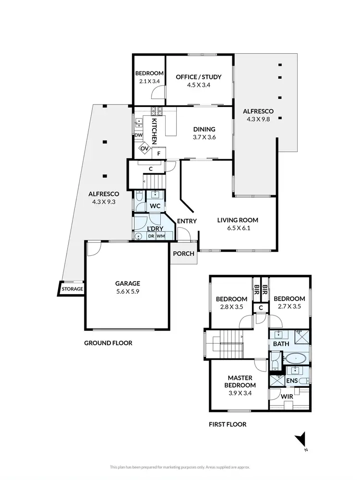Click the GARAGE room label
[127, 283]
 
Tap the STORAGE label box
[72, 289]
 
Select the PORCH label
[184, 253]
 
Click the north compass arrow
[300, 439]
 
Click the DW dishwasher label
[138, 135]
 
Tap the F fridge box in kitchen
[159, 154]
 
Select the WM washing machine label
[160, 236]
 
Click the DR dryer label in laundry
[151, 236]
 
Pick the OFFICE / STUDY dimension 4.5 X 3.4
[199, 85]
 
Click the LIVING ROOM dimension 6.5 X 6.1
[238, 228]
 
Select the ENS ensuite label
[292, 381]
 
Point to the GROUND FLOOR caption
[108, 343]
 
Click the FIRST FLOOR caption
[228, 424]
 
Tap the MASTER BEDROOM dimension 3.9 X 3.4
[240, 393]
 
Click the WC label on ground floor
[155, 206]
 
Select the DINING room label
[204, 129]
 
